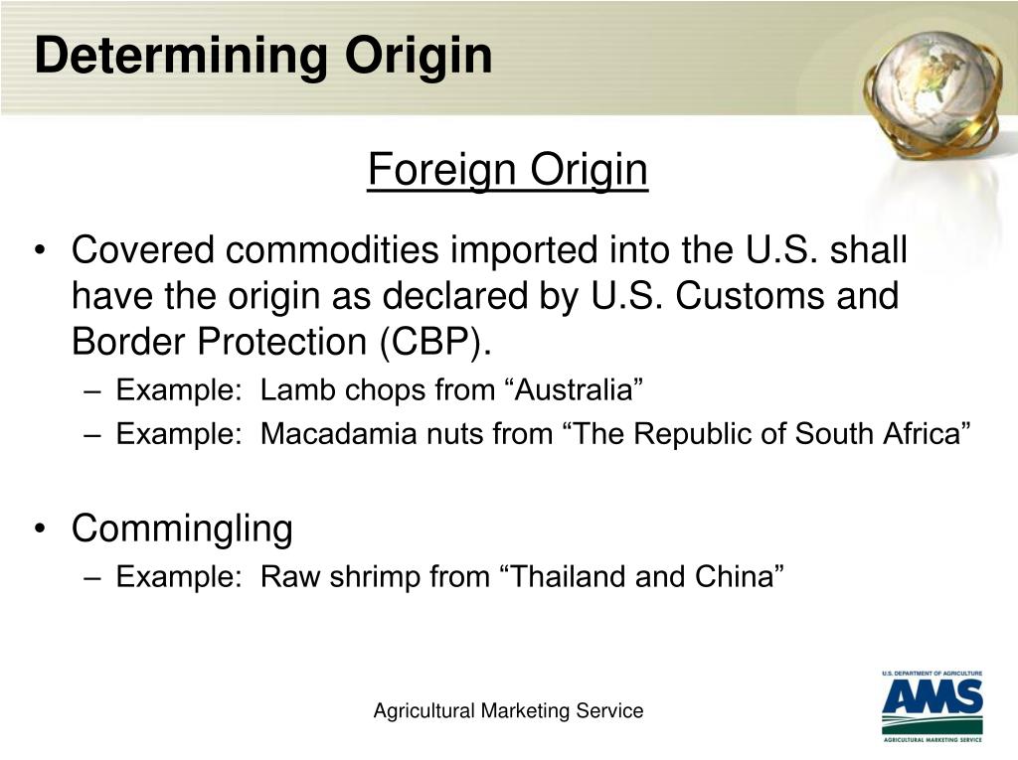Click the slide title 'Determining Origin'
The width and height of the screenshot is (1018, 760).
[262, 56]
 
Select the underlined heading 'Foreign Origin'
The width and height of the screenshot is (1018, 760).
[507, 170]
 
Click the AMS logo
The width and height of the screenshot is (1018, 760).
[932, 706]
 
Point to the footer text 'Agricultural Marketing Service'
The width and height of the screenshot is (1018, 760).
[508, 711]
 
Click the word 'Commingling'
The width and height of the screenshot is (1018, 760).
[182, 529]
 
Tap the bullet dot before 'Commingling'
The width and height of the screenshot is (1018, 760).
[39, 530]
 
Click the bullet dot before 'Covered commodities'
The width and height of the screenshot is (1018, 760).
[39, 251]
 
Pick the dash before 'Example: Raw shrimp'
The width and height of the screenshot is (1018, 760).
[93, 577]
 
